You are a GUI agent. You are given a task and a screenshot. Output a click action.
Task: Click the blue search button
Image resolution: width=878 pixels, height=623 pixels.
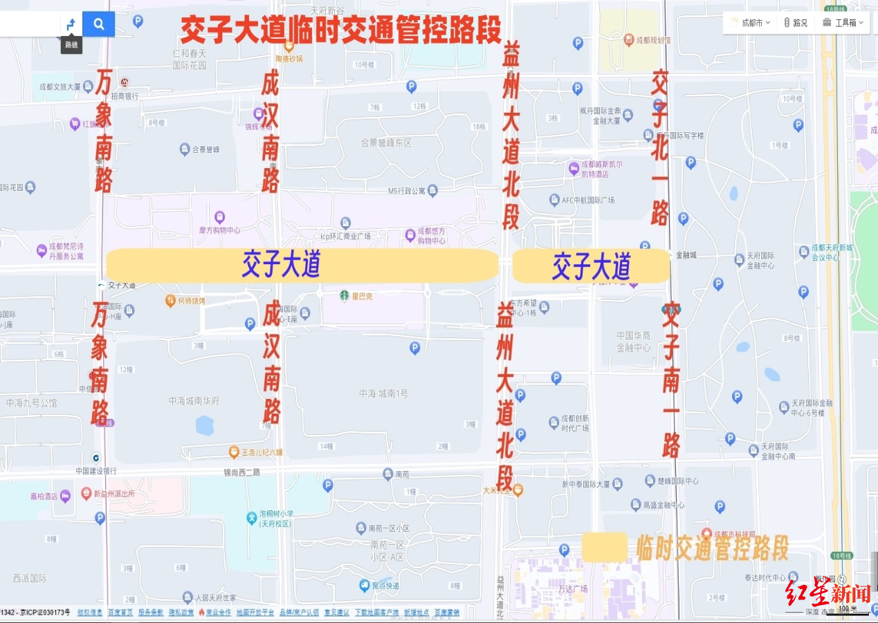(x=98, y=24)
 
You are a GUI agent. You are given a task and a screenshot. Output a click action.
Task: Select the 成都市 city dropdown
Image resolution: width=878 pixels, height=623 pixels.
(x=751, y=23)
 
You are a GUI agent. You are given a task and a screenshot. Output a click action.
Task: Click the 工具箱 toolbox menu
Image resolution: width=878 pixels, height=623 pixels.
(x=844, y=23)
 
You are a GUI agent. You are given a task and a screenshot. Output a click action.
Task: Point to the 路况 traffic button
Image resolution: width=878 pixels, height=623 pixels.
(x=796, y=23)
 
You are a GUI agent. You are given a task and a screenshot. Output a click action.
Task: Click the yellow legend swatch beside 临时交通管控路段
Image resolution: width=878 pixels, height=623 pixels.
(x=604, y=547)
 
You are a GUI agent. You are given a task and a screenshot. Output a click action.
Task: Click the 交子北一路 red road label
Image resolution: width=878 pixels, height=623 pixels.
(x=660, y=147)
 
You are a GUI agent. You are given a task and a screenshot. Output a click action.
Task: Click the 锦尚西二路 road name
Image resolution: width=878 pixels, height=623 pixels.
(x=241, y=473)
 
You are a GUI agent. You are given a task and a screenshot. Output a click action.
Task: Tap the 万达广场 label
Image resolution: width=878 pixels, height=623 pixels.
(x=572, y=588)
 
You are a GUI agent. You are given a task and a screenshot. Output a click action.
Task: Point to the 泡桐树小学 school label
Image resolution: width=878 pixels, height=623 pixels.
(x=276, y=519)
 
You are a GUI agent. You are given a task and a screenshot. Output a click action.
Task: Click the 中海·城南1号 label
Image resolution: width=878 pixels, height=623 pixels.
(x=383, y=393)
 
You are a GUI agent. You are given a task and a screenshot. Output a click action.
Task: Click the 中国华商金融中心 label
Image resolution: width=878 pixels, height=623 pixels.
(x=634, y=342)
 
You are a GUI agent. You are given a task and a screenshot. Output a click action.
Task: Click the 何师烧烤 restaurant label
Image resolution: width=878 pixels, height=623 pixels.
(x=192, y=301)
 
